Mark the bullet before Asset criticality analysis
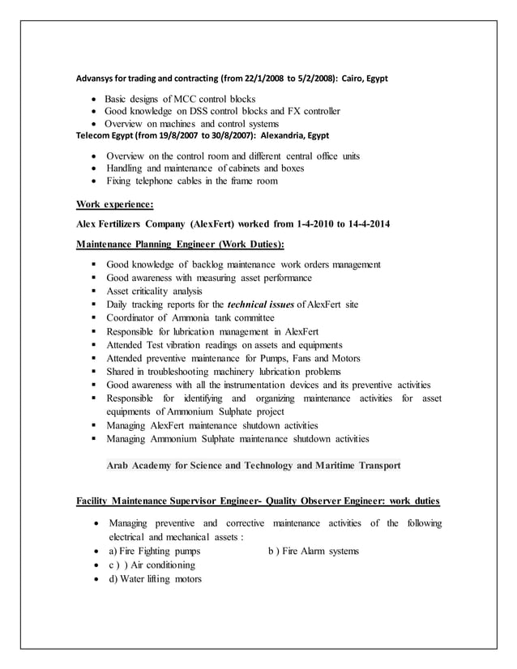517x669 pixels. pos(95,292)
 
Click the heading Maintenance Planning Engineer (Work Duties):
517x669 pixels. pos(180,244)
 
